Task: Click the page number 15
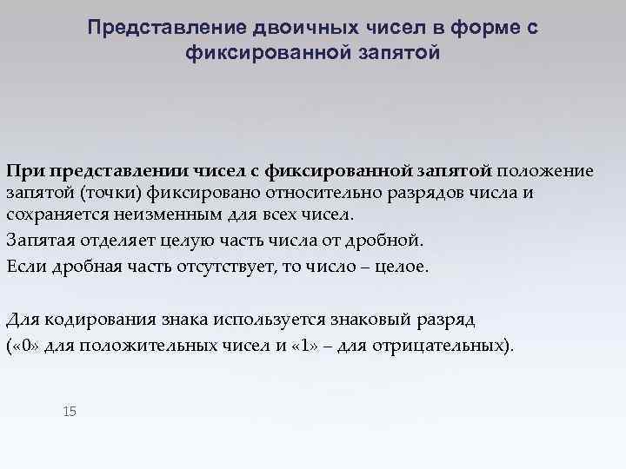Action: (x=70, y=410)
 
